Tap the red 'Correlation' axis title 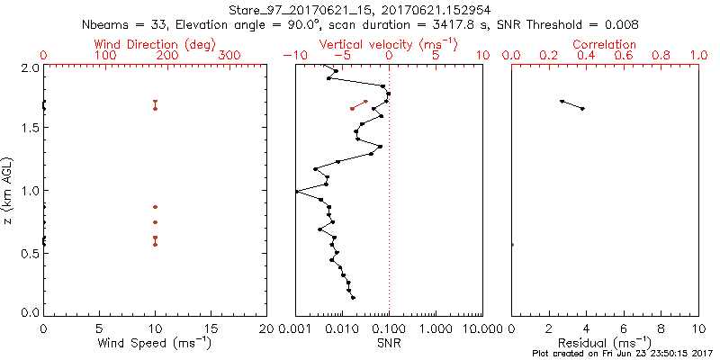pyautogui.click(x=605, y=44)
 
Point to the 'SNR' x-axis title pyautogui.click(x=389, y=343)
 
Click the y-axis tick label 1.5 pyautogui.click(x=29, y=129)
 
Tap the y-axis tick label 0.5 pyautogui.click(x=29, y=253)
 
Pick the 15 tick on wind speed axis pyautogui.click(x=211, y=328)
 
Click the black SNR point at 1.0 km pyautogui.click(x=297, y=192)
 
